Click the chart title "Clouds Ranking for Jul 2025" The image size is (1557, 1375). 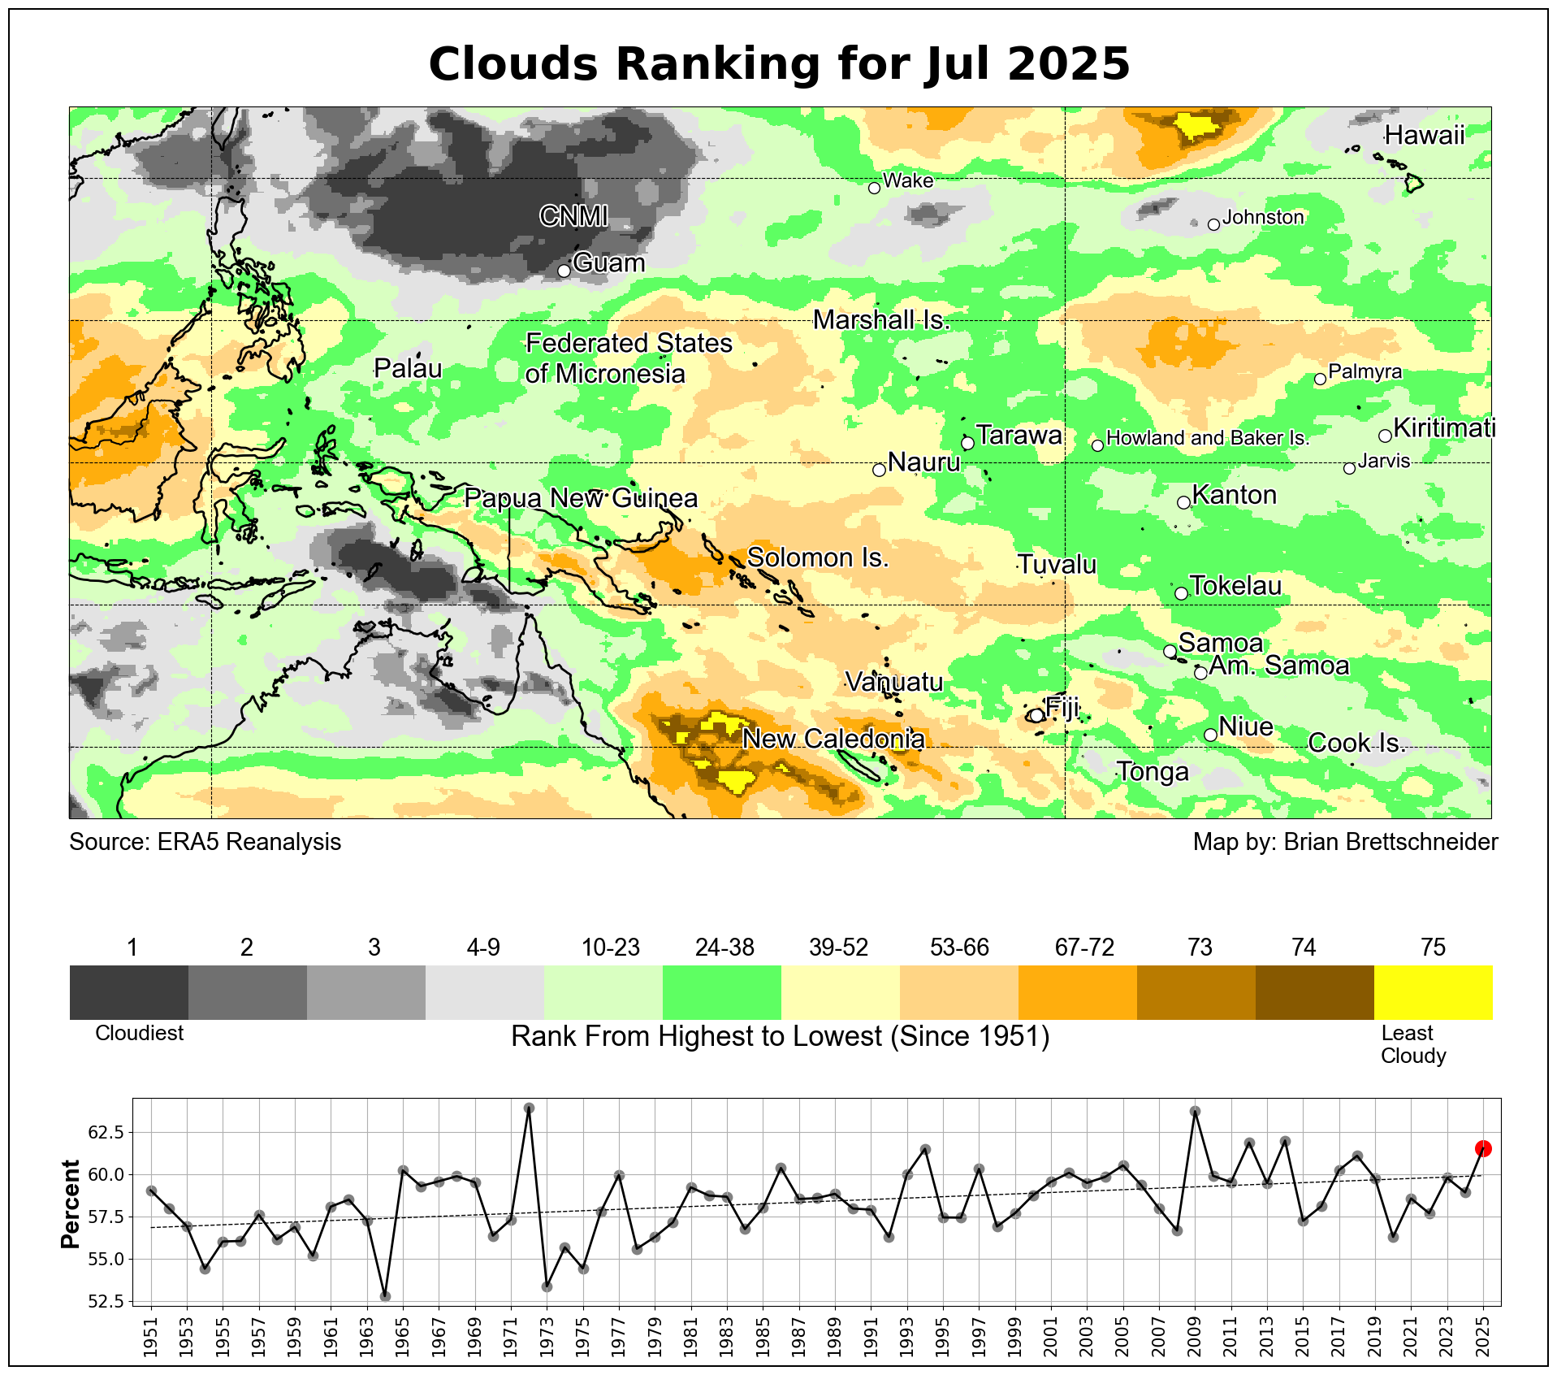click(779, 63)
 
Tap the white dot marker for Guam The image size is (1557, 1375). click(564, 271)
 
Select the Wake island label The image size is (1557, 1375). click(907, 180)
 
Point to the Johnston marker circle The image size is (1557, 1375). click(1213, 225)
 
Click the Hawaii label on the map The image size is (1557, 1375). click(1424, 135)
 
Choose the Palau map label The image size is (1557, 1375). click(408, 369)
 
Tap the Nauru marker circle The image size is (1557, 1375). click(879, 470)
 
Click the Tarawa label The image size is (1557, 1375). click(1019, 436)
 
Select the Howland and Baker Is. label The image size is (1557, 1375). click(1208, 438)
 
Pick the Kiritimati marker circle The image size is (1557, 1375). click(1385, 436)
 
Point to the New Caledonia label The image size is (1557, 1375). click(833, 739)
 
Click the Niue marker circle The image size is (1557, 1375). click(1210, 735)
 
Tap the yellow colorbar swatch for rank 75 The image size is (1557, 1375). click(1433, 992)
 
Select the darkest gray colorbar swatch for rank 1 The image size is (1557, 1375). click(129, 992)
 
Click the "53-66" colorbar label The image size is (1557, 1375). click(959, 948)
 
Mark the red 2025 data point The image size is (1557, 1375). click(1483, 1148)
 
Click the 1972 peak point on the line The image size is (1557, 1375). click(529, 1108)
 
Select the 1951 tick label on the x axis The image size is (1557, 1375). click(151, 1334)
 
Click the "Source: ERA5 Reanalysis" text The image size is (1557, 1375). click(205, 842)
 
